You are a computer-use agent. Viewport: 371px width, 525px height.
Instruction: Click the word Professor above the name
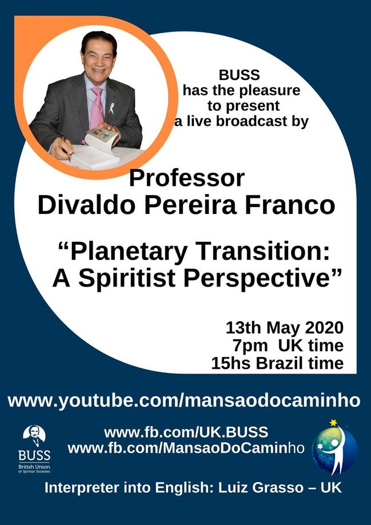coord(187,179)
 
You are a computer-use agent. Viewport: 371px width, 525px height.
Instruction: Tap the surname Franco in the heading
coord(290,205)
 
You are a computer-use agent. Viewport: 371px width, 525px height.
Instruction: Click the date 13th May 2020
coord(285,328)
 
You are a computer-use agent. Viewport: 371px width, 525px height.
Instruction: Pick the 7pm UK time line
coord(288,345)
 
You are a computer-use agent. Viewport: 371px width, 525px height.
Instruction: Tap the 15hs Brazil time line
coord(277,363)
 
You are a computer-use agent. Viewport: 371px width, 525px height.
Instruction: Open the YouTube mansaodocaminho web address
coord(183,401)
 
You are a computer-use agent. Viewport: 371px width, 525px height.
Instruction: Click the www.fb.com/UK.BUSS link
coord(186,432)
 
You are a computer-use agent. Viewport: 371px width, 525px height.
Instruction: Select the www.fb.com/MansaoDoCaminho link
coord(186,447)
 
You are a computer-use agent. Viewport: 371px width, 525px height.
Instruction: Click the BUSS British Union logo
coord(34,449)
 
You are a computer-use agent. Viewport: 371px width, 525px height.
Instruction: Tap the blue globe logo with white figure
coord(334,449)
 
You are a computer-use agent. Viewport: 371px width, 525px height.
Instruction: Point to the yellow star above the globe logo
coord(333,423)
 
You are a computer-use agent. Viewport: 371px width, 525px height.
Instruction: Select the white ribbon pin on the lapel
coord(111,108)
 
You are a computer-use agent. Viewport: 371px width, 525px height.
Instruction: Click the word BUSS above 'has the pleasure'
coord(239,75)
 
